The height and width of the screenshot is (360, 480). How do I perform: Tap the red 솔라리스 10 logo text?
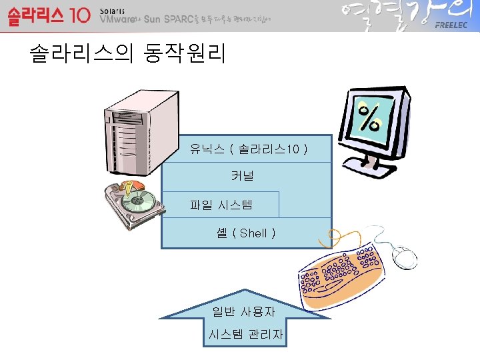point(48,16)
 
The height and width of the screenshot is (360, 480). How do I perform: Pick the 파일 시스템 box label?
point(221,204)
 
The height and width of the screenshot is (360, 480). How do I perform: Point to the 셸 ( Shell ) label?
point(246,233)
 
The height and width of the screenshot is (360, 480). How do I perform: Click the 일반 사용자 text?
point(244,311)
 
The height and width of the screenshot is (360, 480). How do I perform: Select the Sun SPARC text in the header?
point(169,20)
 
